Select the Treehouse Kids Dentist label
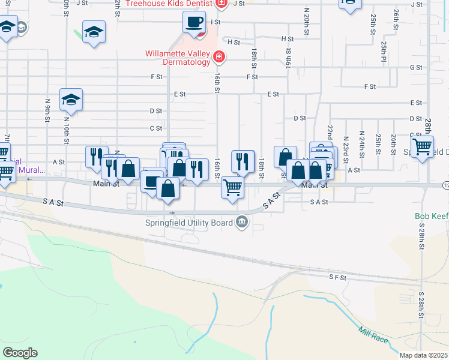pyautogui.click(x=174, y=4)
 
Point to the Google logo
pyautogui.click(x=20, y=353)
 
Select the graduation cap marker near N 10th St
pyautogui.click(x=71, y=100)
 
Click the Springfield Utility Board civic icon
pyautogui.click(x=242, y=223)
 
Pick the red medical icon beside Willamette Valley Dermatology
pyautogui.click(x=219, y=57)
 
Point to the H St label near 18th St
pyautogui.click(x=234, y=42)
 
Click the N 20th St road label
pyautogui.click(x=306, y=18)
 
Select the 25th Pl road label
pyautogui.click(x=382, y=51)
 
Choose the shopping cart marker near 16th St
pyautogui.click(x=232, y=187)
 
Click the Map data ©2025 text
pyautogui.click(x=424, y=356)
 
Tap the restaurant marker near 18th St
pyautogui.click(x=243, y=161)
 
